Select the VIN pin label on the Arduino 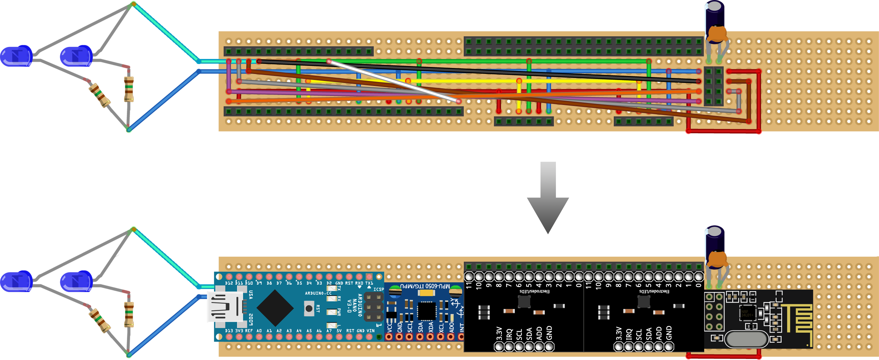point(370,331)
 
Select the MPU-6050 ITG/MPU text point(425,286)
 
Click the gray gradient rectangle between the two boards point(548,198)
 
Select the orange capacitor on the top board point(718,34)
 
